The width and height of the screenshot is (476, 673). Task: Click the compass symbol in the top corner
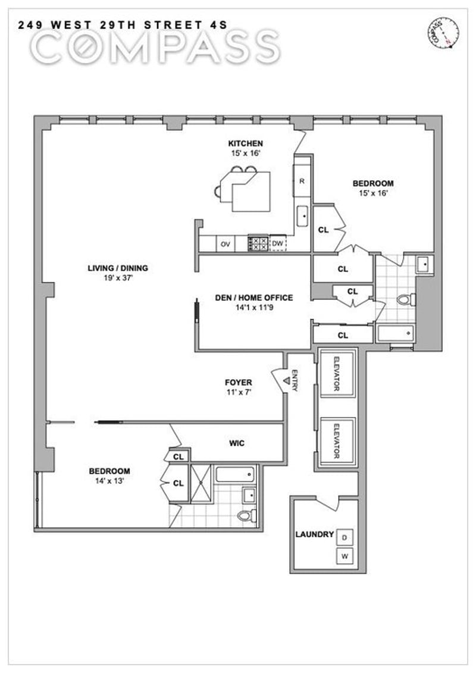(x=444, y=33)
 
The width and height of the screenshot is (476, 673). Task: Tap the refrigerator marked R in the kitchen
(x=302, y=181)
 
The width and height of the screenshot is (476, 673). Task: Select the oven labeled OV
(x=226, y=244)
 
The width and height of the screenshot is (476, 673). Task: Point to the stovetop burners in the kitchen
(x=258, y=244)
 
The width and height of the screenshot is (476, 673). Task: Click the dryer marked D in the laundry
(x=345, y=538)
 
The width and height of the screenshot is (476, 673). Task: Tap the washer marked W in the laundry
(x=345, y=557)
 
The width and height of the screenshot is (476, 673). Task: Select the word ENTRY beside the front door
(x=295, y=380)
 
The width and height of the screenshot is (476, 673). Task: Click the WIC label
(x=236, y=443)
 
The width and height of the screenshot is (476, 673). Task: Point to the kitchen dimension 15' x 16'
(x=245, y=154)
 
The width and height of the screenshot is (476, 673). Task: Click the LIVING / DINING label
(x=118, y=268)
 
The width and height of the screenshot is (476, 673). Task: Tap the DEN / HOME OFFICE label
(x=253, y=298)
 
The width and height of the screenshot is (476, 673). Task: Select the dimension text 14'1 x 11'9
(x=254, y=307)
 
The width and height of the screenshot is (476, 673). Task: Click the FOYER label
(x=238, y=383)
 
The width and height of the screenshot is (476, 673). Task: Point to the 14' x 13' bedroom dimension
(x=109, y=481)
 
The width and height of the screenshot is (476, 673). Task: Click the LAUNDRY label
(x=314, y=534)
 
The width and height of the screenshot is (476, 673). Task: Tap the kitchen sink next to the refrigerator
(x=302, y=216)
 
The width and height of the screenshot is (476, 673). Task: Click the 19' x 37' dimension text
(x=118, y=278)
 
